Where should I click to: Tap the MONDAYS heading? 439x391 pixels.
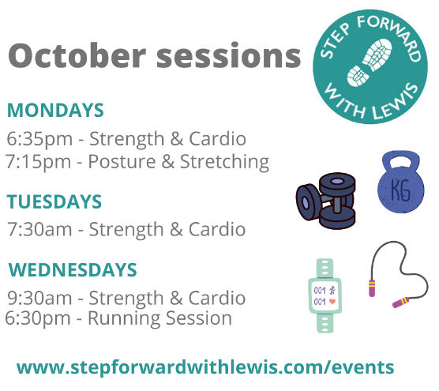tap(55, 110)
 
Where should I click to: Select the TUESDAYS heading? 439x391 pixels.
tap(54, 201)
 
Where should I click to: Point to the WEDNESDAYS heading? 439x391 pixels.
tap(73, 269)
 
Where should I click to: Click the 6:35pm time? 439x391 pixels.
tap(39, 139)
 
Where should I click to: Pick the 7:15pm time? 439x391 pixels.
tap(39, 162)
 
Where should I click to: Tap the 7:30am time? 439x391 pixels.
tap(39, 229)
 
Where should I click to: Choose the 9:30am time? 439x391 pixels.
tap(39, 298)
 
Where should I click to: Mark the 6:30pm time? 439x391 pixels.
tap(38, 318)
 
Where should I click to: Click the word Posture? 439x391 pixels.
tap(122, 162)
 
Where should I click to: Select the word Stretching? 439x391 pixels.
tap(224, 162)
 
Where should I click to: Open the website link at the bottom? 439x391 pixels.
tap(205, 367)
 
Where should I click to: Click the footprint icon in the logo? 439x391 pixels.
tap(370, 62)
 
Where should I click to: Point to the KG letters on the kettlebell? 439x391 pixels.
tap(400, 190)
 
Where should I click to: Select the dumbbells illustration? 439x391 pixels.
tap(326, 201)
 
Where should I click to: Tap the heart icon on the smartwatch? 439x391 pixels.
tap(332, 302)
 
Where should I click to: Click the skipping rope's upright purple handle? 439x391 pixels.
tap(372, 288)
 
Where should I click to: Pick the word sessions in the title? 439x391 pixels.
tap(228, 56)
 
